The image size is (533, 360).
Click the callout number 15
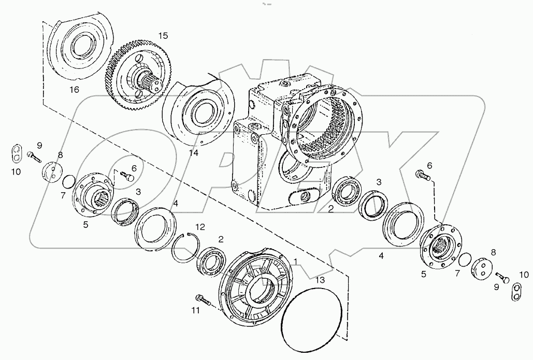pos(163,36)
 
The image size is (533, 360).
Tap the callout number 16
pos(75,90)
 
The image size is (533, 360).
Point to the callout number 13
pos(322,280)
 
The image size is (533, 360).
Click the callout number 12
pos(200,226)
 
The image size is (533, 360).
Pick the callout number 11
pos(195,310)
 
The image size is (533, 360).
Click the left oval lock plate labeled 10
pos(18,153)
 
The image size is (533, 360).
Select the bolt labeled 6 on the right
pos(422,177)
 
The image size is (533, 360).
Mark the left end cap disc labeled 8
pos(51,172)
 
